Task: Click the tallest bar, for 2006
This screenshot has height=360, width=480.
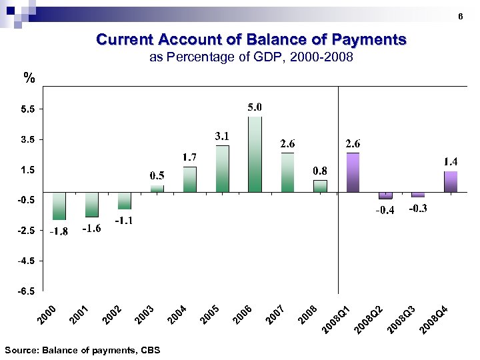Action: click(x=255, y=155)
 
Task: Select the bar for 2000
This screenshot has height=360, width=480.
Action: click(x=59, y=206)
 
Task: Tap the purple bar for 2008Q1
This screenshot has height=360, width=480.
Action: click(x=353, y=173)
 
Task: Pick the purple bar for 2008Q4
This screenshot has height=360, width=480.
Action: click(x=451, y=182)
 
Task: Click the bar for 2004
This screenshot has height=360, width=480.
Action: click(x=190, y=179)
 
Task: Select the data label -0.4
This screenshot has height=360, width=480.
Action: click(x=385, y=211)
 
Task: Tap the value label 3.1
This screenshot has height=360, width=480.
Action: click(x=222, y=136)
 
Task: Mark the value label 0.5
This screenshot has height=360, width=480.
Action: click(x=157, y=175)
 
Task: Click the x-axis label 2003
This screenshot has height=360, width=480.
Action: click(x=145, y=315)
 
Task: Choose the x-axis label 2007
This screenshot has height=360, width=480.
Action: click(x=275, y=315)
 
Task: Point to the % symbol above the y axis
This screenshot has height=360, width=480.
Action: click(x=28, y=79)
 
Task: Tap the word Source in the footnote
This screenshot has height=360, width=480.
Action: click(x=19, y=350)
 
